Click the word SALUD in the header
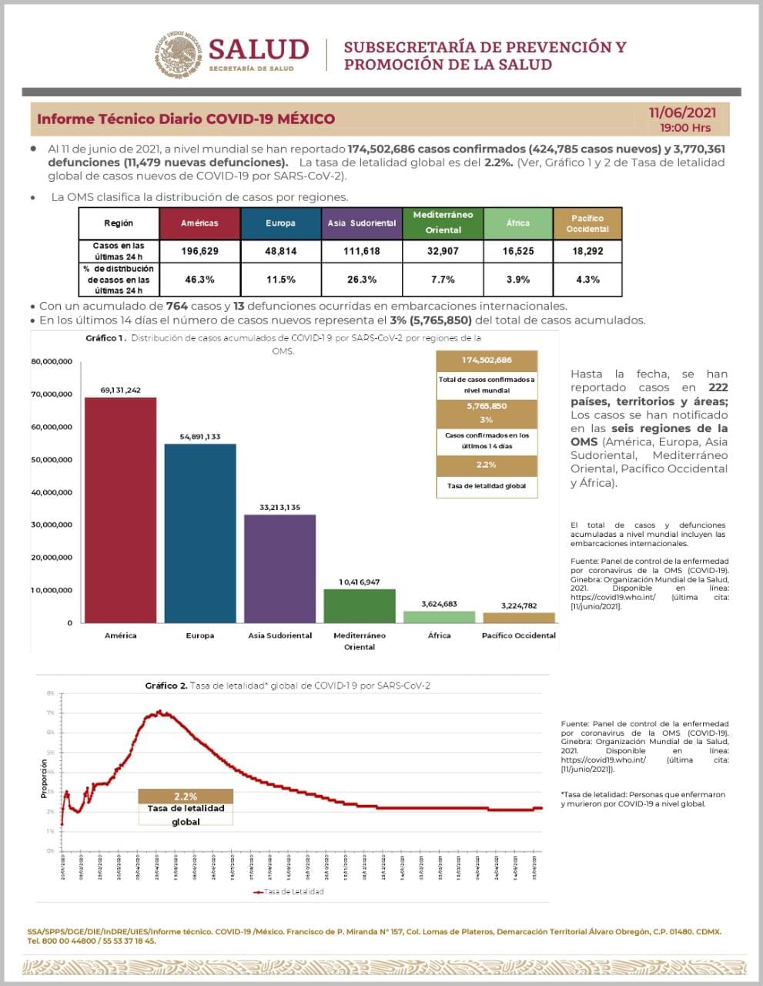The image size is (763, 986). pos(258,49)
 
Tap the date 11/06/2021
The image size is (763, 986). pos(682,113)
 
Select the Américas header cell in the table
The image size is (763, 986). pos(199,223)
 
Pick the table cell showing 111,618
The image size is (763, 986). pos(361,251)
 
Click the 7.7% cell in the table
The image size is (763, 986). pos(443,280)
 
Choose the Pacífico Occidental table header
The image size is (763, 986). pos(587,223)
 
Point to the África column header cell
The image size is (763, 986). pos(517,223)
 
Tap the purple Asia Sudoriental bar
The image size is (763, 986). pos(279,568)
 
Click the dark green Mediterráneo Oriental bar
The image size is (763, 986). pos(360,605)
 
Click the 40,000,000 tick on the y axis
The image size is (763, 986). pos(52,492)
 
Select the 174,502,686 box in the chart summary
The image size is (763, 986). pos(487,361)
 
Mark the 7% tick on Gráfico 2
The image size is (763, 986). pos(51,713)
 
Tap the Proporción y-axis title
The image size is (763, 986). pos(44,778)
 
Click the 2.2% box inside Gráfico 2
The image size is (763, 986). pos(186,797)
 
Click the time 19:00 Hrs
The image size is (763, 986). pos(685,128)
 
